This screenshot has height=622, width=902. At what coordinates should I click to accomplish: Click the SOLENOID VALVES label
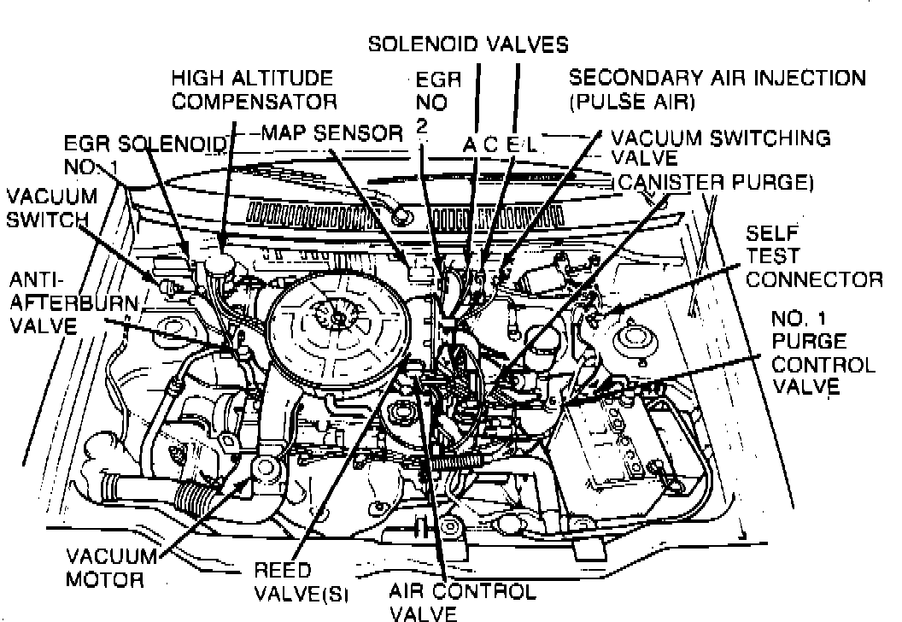[467, 44]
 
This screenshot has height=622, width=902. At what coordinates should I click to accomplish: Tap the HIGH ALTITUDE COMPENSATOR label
[252, 90]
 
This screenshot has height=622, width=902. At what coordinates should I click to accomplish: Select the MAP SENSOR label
[331, 133]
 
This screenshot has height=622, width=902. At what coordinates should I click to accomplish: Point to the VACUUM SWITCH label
[51, 207]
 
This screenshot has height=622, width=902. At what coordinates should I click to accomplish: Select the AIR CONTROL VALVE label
[461, 601]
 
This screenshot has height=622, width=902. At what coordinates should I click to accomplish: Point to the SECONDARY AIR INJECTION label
[717, 89]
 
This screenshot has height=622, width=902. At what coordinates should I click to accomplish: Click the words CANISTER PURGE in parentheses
[713, 182]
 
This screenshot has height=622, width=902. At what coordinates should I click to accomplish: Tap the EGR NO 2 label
[437, 103]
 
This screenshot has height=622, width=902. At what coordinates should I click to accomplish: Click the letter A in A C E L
[469, 146]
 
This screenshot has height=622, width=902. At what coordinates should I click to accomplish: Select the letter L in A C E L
[530, 146]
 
